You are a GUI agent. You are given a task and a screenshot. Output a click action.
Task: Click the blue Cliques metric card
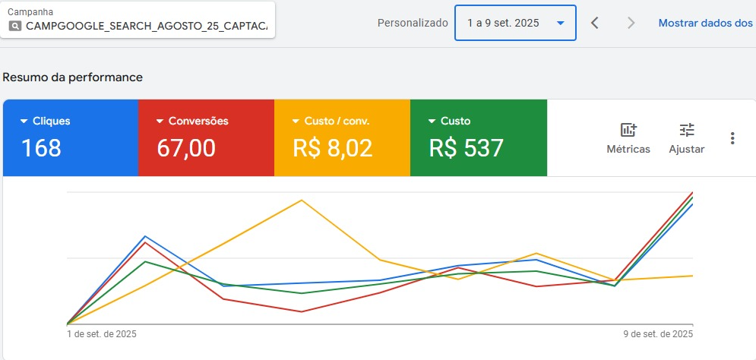(x=70, y=137)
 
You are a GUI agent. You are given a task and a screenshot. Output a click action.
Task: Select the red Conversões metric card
(x=205, y=137)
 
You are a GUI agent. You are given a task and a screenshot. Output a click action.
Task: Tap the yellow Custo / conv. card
(x=341, y=137)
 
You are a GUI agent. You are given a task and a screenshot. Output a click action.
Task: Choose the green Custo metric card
(x=478, y=137)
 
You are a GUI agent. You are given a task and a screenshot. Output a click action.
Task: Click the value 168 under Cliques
(x=42, y=148)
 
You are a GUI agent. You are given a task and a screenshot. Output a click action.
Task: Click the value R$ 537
(x=467, y=148)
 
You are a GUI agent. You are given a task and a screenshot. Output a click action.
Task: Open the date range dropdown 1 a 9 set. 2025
(x=515, y=23)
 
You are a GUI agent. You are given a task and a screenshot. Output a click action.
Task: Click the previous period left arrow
(x=595, y=23)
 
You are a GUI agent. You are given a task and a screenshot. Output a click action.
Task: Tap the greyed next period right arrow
(x=631, y=23)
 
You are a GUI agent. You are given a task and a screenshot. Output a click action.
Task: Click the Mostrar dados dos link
(x=706, y=23)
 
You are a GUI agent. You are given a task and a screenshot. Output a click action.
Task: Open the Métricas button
(x=628, y=138)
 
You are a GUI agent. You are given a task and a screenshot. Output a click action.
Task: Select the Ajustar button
(x=687, y=138)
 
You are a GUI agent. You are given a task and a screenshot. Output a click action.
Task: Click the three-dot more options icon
(x=732, y=138)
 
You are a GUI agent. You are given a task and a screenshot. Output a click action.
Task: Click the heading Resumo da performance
(x=73, y=77)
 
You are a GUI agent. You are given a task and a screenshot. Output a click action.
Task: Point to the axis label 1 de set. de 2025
(x=102, y=333)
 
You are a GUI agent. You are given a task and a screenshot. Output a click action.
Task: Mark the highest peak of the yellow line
(x=302, y=201)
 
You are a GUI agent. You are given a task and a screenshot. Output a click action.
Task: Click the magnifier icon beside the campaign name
(x=15, y=25)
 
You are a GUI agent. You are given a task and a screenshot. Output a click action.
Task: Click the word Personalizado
(x=413, y=23)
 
